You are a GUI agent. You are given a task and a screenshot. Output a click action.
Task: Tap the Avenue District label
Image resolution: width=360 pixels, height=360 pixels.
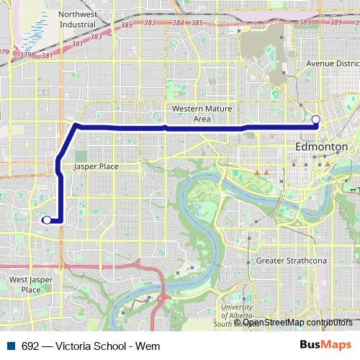[331, 63]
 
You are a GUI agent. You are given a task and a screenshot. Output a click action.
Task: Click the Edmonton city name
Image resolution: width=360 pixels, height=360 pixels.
[321, 146]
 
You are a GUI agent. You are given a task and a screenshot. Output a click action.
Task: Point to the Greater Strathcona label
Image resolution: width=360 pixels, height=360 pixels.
[292, 261]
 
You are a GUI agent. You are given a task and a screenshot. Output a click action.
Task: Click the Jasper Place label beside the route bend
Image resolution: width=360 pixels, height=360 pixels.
[96, 166]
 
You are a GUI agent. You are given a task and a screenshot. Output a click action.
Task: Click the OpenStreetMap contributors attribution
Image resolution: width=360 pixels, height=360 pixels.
[297, 323]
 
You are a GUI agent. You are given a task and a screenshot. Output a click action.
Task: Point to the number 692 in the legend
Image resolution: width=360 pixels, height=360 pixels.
[30, 346]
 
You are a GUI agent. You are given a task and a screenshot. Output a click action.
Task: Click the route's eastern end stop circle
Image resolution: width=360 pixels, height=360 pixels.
[315, 119]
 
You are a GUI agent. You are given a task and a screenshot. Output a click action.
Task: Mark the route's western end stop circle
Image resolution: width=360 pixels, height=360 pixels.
[47, 220]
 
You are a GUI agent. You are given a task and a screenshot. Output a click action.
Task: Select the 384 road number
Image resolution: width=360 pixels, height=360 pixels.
[178, 23]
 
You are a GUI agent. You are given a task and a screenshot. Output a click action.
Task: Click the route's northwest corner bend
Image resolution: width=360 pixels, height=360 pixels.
[76, 127]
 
